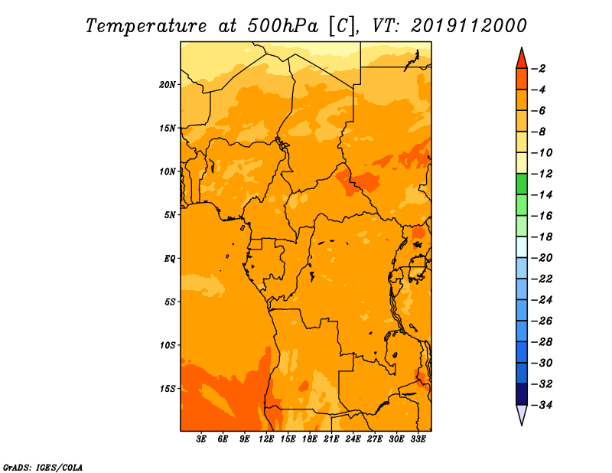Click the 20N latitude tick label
pos(168,84)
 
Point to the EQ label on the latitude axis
pos(170,258)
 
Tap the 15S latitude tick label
pos(168,388)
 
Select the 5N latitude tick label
pos(170,214)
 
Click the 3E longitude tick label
pos(202,439)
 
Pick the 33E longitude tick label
pos(418,439)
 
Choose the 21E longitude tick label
pos(331,439)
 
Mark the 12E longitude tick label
pos(266,439)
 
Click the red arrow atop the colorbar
pos(522,57)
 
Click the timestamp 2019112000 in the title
pos(469,25)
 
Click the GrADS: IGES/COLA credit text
pos(43,466)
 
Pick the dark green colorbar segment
pos(522,184)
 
